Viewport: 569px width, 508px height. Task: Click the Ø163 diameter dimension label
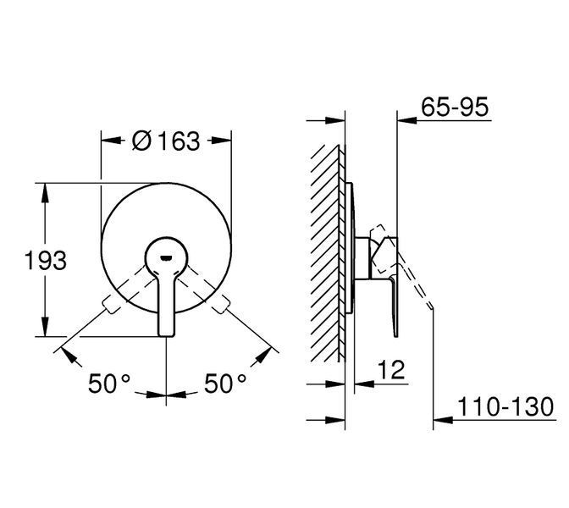pyautogui.click(x=166, y=141)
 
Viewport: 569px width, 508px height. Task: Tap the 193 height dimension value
pyautogui.click(x=46, y=260)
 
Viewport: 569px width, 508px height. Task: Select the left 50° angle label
pyautogui.click(x=109, y=384)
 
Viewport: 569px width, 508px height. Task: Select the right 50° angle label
pyautogui.click(x=225, y=384)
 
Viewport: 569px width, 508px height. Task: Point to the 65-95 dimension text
pyautogui.click(x=455, y=107)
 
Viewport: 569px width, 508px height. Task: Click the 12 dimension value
pyautogui.click(x=391, y=370)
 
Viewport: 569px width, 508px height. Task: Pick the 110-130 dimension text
pyautogui.click(x=505, y=406)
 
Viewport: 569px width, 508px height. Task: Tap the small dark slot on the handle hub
pyautogui.click(x=166, y=258)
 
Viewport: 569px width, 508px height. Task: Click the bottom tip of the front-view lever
pyautogui.click(x=166, y=335)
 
